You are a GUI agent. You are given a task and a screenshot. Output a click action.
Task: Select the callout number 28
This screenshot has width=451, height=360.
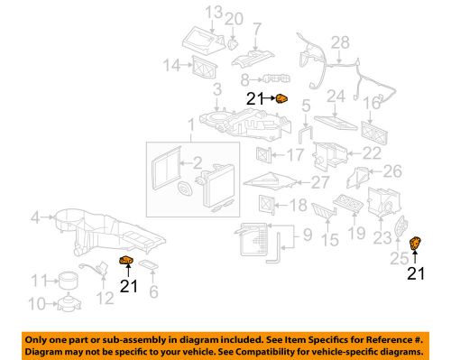[x=338, y=42]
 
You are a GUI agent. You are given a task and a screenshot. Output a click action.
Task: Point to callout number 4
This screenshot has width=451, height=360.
[x=34, y=216]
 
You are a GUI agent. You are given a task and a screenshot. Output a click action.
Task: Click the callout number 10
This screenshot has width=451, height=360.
[x=37, y=302]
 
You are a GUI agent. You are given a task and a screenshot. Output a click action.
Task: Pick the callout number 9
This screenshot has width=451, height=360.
[x=306, y=238]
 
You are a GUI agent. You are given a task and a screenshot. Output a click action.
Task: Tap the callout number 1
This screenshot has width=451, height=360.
[x=190, y=123]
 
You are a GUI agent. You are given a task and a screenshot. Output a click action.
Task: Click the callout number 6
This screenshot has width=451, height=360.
[x=152, y=291]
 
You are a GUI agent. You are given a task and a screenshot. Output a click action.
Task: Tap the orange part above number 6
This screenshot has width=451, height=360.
[x=126, y=263]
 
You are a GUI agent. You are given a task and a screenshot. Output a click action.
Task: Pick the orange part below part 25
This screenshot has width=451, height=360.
[x=417, y=244]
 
